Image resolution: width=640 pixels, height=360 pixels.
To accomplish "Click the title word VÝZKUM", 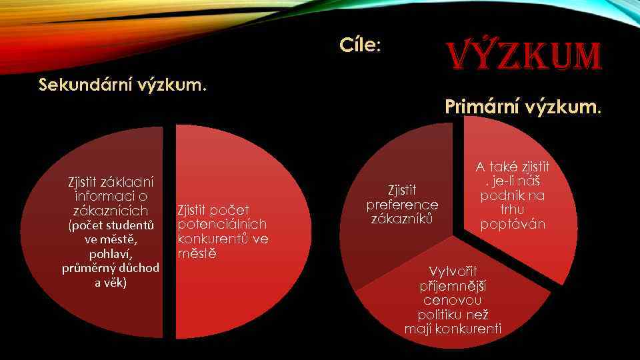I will click(525, 57).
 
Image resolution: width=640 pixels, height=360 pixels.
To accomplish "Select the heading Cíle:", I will click(359, 45).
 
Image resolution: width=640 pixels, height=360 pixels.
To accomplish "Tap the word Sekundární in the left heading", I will click(85, 85).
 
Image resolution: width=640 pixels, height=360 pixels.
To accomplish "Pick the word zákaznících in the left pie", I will click(110, 211).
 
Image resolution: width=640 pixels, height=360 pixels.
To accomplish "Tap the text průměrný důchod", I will click(111, 268).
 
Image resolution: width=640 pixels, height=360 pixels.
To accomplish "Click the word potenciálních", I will click(222, 225).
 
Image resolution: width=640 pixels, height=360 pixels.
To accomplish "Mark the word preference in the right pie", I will click(402, 205).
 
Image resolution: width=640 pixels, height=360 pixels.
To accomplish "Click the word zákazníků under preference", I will click(402, 219).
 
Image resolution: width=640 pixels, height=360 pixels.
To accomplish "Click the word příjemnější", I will click(452, 286).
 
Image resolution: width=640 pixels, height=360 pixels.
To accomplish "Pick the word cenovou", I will click(452, 301).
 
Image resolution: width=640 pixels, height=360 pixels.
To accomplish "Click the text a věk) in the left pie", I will click(111, 283).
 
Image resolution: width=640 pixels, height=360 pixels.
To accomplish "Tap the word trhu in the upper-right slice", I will click(512, 210).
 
